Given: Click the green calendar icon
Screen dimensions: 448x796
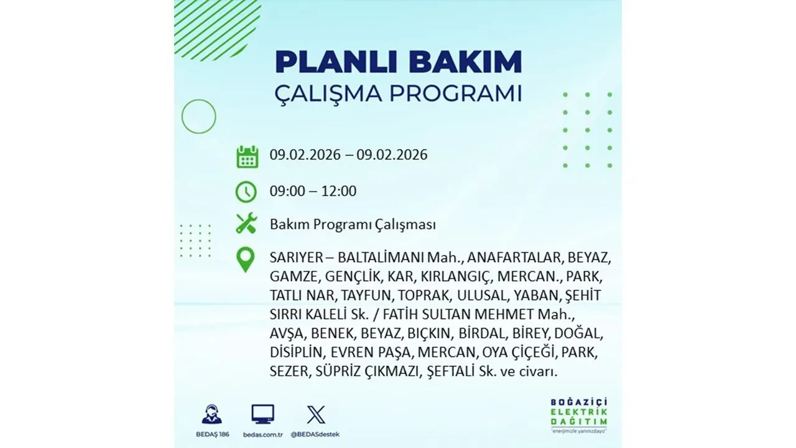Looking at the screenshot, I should tap(247, 157).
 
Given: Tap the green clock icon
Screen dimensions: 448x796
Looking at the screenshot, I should tap(246, 192).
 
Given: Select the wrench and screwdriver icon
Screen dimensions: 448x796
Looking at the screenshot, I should tap(246, 223).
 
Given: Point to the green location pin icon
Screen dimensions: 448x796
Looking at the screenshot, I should tap(246, 259).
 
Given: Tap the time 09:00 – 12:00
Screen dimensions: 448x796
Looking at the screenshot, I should tap(313, 191).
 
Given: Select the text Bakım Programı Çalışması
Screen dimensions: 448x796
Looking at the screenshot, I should tap(353, 224).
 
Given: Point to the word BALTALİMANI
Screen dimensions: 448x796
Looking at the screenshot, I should tap(380, 258).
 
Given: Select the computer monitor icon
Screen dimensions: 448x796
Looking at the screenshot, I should tap(262, 414).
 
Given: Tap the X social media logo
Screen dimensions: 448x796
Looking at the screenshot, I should tap(316, 414).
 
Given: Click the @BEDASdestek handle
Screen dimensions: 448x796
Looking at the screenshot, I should tap(317, 434).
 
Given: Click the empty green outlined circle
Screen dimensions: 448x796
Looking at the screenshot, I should tap(198, 116).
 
